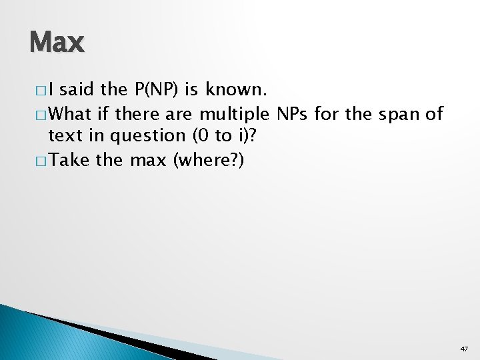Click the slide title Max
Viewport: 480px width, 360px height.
pyautogui.click(x=57, y=43)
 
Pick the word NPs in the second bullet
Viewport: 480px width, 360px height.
pyautogui.click(x=291, y=114)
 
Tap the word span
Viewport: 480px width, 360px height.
pyautogui.click(x=399, y=115)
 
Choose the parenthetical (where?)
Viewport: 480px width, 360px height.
pyautogui.click(x=209, y=161)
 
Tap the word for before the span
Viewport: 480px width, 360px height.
pyautogui.click(x=327, y=114)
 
